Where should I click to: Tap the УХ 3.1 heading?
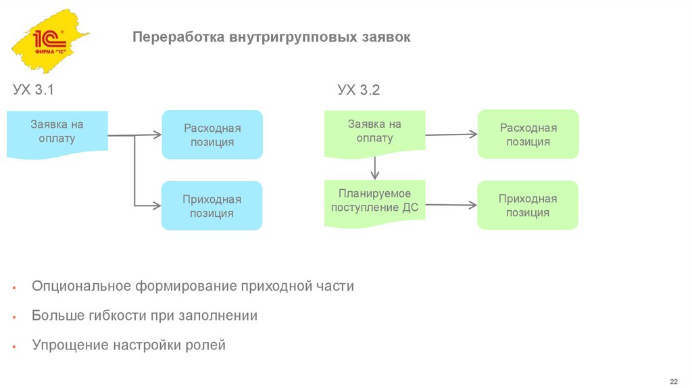(x=33, y=90)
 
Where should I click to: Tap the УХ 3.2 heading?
(x=359, y=90)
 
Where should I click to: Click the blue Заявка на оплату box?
(x=57, y=132)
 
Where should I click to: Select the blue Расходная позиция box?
(x=212, y=135)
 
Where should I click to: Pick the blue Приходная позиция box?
(x=212, y=205)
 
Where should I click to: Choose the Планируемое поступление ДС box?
(x=374, y=201)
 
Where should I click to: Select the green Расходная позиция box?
(x=528, y=135)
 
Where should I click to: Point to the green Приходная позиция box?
(x=528, y=205)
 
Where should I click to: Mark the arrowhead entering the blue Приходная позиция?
(x=157, y=205)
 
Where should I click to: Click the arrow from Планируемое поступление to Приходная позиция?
(x=450, y=204)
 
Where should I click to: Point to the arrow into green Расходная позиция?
(x=450, y=135)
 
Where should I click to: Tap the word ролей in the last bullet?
(x=205, y=345)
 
